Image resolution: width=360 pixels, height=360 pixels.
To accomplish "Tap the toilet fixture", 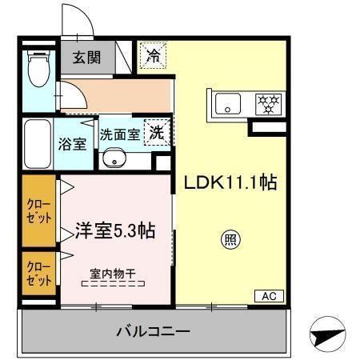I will click(x=38, y=71).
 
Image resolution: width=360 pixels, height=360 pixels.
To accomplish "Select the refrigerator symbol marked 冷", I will click(x=153, y=55).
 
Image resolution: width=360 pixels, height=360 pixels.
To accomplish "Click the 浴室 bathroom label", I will click(x=74, y=145).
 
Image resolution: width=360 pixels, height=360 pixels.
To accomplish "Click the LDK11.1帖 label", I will click(x=231, y=183).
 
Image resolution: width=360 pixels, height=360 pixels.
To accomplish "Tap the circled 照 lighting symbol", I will click(x=230, y=238).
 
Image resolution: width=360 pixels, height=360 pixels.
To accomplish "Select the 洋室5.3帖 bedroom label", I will click(x=114, y=232).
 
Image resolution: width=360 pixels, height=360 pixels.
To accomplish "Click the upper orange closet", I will click(x=38, y=212).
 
